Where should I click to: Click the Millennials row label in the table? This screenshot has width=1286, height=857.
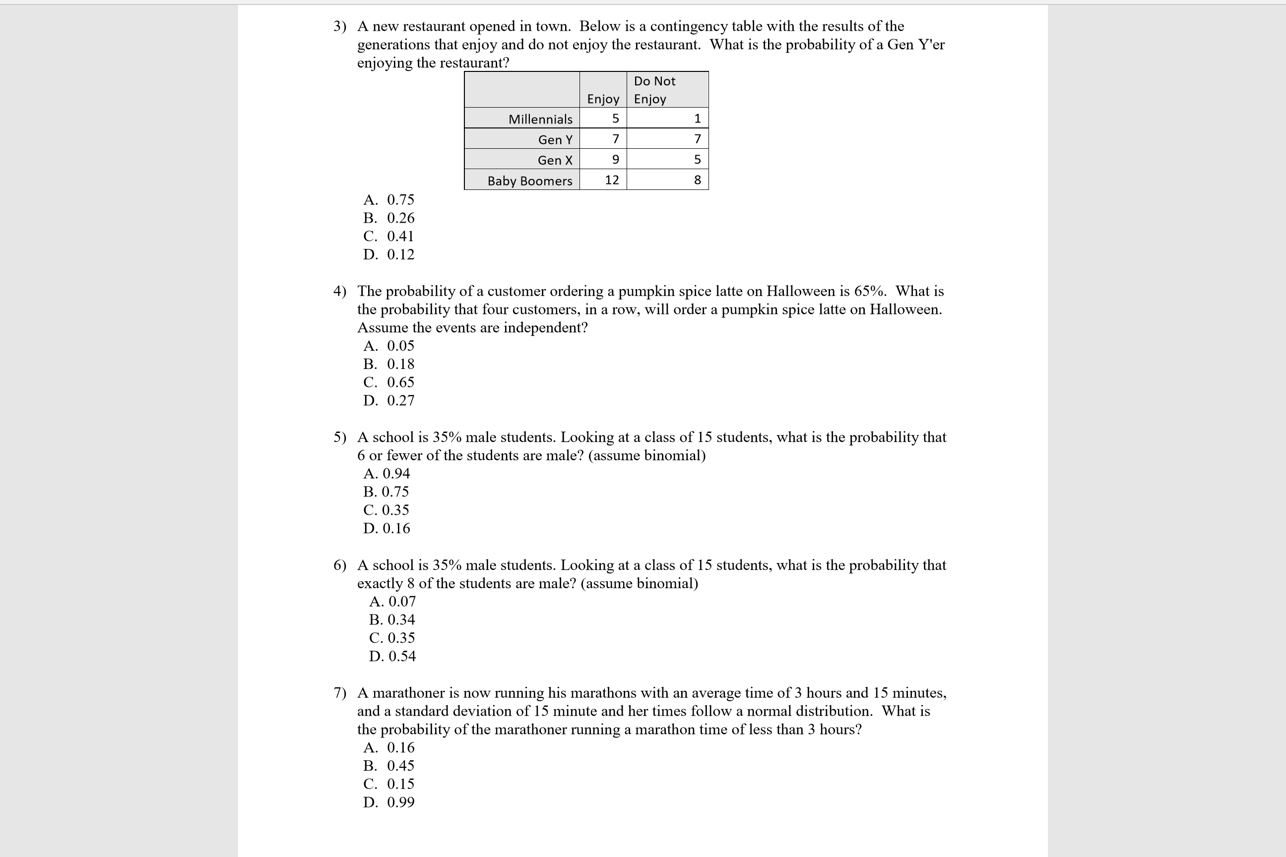540,119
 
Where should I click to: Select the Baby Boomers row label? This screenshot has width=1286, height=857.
529,181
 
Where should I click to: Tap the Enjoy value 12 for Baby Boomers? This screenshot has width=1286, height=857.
611,180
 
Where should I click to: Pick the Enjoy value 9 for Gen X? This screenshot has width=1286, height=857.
615,160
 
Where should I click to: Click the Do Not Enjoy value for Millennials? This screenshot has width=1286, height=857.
697,119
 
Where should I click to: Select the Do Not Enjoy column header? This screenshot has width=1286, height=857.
654,90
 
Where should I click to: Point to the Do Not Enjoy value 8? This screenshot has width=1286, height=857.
697,180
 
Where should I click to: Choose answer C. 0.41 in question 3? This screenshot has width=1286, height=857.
389,236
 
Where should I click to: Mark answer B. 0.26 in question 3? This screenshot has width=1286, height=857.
389,218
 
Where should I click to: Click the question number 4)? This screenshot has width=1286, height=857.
339,291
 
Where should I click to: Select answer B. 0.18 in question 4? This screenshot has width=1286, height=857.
389,364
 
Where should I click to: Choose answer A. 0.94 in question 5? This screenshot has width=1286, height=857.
386,473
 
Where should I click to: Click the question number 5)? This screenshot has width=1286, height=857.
339,437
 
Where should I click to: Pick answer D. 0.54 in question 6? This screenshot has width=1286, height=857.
392,656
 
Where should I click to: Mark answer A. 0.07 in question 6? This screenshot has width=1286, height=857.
392,601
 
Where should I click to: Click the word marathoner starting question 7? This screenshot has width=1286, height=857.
408,693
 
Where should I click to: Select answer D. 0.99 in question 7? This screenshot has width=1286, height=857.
389,802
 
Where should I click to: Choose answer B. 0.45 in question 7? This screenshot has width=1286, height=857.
389,766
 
